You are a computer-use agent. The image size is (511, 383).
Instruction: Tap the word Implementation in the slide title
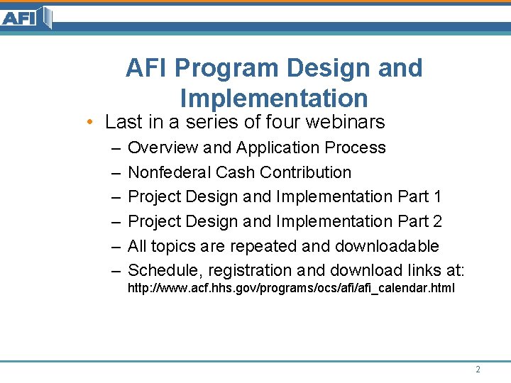point(274,98)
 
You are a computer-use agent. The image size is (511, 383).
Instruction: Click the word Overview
point(163,148)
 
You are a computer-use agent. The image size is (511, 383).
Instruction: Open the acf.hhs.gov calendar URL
point(291,289)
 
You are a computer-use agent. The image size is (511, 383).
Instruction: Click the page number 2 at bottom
point(478,370)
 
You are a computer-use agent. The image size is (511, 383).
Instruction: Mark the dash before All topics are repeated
point(115,246)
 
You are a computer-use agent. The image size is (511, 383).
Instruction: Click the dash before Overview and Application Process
point(115,148)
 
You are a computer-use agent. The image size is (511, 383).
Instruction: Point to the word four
point(282,122)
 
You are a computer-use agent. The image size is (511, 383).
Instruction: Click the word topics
point(173,246)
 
